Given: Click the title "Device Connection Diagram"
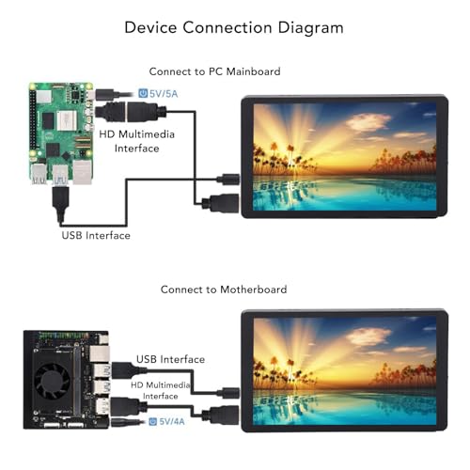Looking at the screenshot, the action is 234,27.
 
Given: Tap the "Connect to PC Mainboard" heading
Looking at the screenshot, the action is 214,71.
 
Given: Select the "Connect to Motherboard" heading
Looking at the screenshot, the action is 224,290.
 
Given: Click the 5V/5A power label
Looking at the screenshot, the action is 164,94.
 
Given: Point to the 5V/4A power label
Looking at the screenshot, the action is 172,421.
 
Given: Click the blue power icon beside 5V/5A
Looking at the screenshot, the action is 143,93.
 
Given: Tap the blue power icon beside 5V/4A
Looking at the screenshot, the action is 152,421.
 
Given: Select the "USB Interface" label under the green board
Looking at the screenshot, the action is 96,235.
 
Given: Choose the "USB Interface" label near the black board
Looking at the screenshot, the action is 170,359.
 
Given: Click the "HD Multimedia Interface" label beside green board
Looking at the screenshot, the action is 136,141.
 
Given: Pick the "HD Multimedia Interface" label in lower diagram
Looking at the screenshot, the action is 161,390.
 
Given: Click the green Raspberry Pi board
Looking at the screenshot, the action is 61,133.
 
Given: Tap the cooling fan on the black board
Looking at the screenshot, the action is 52,382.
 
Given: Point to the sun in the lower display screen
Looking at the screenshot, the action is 291,360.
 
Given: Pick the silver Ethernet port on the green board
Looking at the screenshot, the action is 82,172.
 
